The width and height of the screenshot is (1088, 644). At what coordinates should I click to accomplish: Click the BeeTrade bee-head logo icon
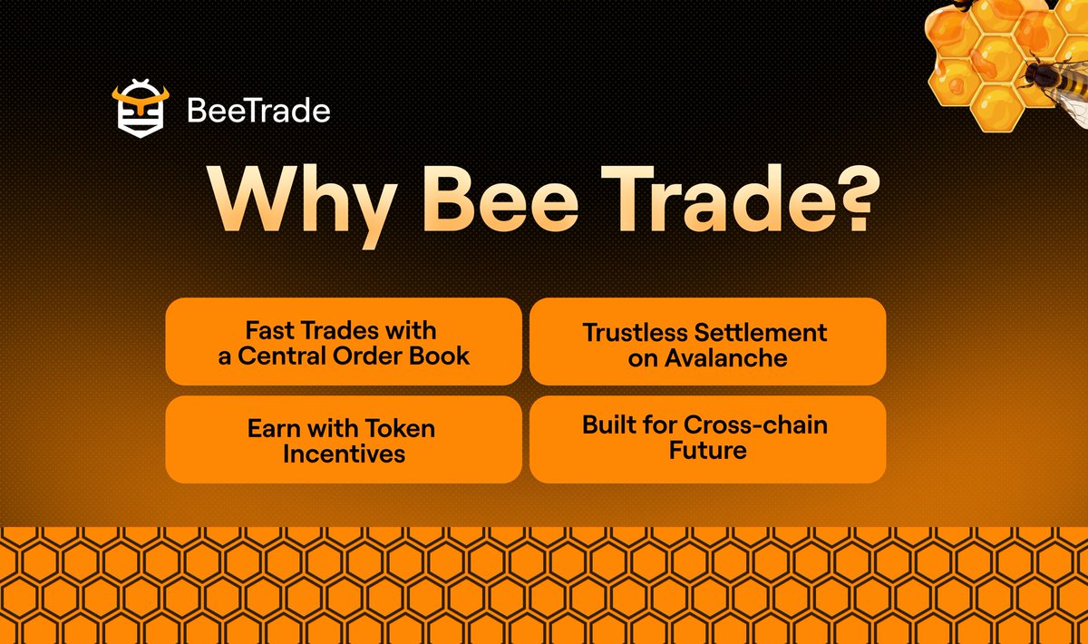click(x=141, y=108)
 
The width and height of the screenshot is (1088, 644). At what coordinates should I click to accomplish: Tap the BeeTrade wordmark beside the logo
click(x=258, y=111)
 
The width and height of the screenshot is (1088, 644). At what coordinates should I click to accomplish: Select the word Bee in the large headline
click(x=500, y=200)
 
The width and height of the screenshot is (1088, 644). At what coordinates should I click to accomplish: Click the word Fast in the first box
click(x=269, y=330)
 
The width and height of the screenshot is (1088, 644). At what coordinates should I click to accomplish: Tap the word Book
click(x=439, y=356)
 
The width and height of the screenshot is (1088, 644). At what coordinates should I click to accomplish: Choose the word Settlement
click(x=760, y=333)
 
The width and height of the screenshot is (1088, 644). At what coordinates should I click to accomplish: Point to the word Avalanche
click(x=725, y=358)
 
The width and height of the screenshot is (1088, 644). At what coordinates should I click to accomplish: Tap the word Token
click(x=400, y=429)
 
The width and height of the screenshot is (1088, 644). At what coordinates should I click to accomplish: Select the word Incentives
click(x=344, y=454)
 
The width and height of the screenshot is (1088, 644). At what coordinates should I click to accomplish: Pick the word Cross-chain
click(x=755, y=424)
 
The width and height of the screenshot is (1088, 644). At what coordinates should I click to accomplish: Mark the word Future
click(x=708, y=450)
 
